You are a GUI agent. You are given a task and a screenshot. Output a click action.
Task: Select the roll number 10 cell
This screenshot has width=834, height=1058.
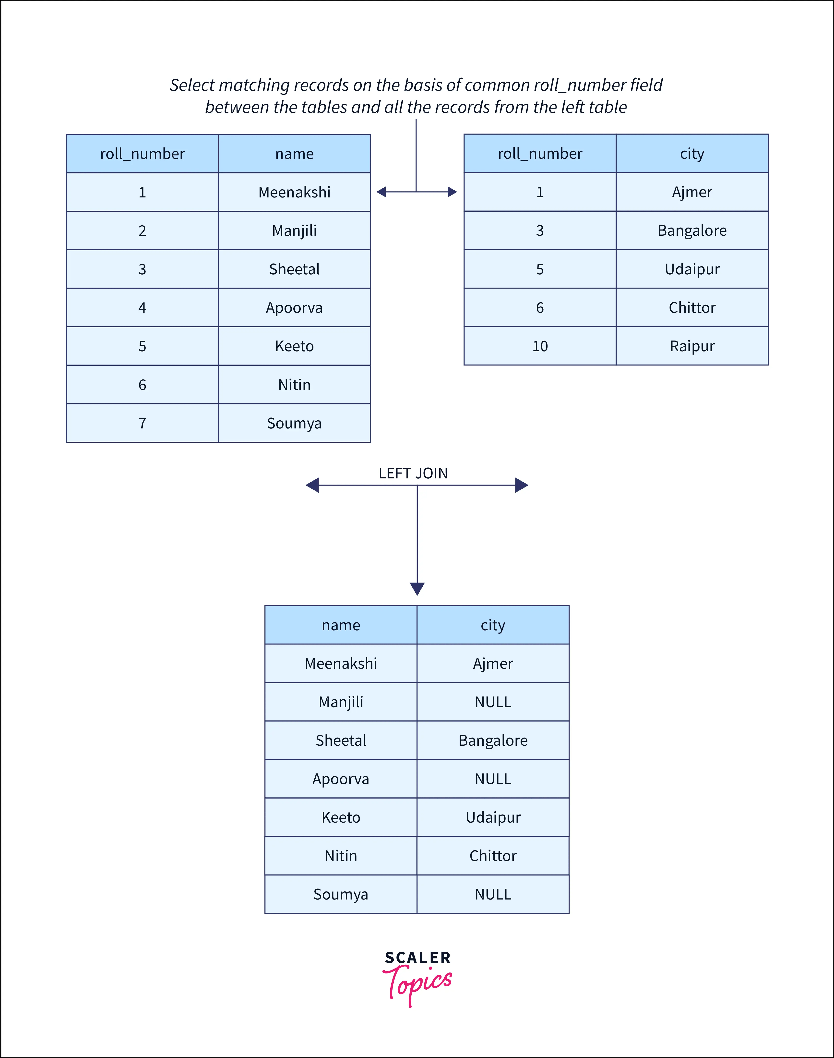click(x=540, y=346)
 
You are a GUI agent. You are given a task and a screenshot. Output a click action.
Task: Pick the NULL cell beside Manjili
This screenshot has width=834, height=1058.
click(x=493, y=702)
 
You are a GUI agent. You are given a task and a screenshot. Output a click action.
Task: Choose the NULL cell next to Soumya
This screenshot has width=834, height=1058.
click(x=493, y=894)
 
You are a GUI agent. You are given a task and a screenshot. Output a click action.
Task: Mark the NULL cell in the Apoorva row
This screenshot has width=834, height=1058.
click(x=493, y=778)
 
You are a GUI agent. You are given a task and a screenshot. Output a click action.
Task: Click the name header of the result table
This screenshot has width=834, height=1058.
click(x=341, y=625)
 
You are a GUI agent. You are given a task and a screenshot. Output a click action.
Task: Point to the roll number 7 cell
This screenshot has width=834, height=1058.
click(x=142, y=423)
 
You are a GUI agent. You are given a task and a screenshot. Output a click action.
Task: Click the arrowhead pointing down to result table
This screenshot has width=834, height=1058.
click(x=417, y=589)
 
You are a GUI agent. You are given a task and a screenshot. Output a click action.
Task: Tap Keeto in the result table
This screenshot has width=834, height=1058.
click(x=341, y=817)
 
